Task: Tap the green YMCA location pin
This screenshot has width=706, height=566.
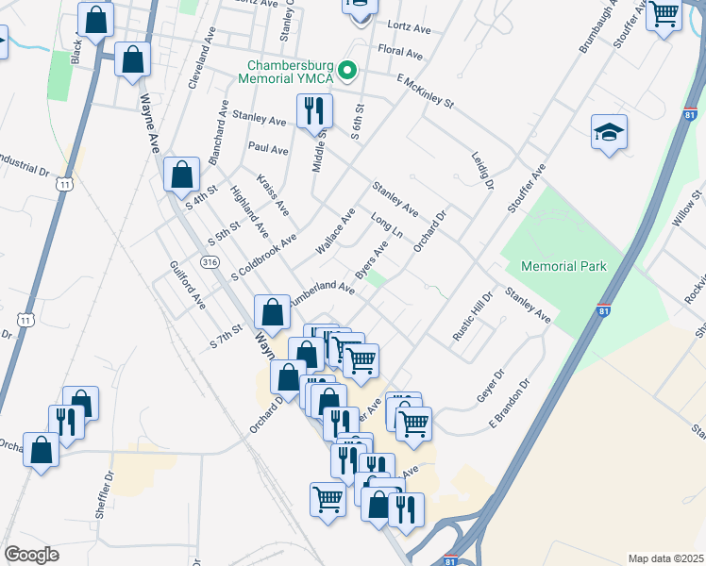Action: (347, 71)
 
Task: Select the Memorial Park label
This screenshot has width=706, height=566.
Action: (562, 266)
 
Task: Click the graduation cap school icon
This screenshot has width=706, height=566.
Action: (609, 134)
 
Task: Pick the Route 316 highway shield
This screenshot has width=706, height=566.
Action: (211, 261)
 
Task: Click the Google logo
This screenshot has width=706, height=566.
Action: (31, 554)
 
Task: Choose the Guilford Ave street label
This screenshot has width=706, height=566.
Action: (186, 286)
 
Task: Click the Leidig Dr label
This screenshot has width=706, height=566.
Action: (482, 169)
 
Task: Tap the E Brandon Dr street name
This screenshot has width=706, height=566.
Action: (510, 405)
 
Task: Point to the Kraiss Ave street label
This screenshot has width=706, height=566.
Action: (273, 193)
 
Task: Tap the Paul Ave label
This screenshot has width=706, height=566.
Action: (268, 149)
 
